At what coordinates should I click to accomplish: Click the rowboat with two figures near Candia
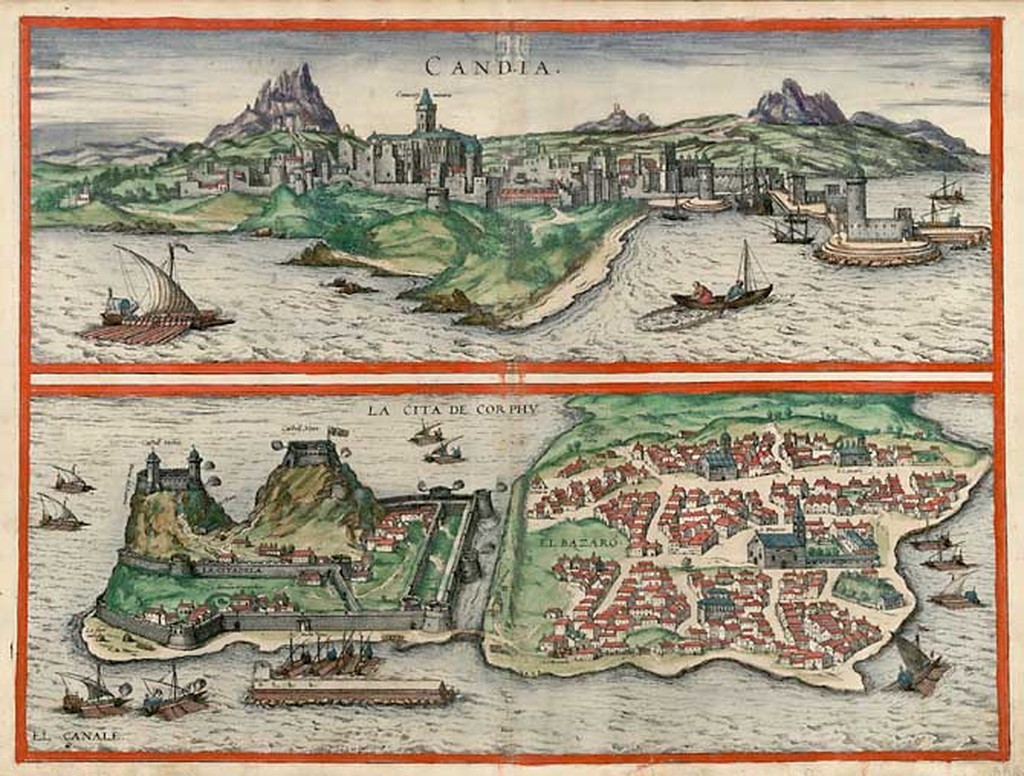click(722, 291)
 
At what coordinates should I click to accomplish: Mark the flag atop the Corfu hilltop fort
click(338, 432)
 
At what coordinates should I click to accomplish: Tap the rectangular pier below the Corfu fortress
click(350, 691)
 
